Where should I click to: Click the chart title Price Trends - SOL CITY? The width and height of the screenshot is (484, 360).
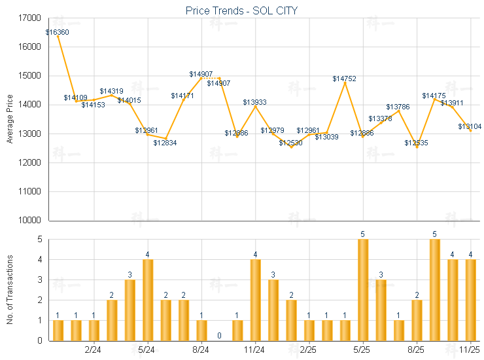coord(242,10)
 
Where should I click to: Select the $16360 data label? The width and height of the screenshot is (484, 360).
coord(58,32)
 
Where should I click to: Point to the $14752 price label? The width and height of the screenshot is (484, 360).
coord(344,79)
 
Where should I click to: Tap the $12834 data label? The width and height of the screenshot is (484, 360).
coord(165,143)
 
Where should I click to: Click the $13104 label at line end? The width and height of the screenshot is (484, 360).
coord(470,126)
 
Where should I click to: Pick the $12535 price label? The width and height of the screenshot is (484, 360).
coord(415,143)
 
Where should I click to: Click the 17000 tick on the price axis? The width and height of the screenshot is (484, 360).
coord(31,18)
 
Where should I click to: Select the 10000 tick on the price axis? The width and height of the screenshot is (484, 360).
coord(31,221)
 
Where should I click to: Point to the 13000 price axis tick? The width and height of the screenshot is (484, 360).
coord(31,134)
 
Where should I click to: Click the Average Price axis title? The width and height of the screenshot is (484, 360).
coord(10,119)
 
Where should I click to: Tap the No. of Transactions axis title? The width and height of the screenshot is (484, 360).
coord(10,290)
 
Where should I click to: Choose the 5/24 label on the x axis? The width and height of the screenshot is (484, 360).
coord(147,350)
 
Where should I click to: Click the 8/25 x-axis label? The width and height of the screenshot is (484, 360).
coord(417,350)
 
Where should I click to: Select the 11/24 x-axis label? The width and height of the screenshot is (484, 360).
coord(255,350)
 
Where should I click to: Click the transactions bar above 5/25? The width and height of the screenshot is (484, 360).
coord(363,290)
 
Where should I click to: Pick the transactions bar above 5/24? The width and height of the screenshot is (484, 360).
coord(148,300)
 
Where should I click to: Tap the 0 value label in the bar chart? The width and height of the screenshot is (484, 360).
coord(219,336)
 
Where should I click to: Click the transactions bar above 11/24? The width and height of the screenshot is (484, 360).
coord(255,300)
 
